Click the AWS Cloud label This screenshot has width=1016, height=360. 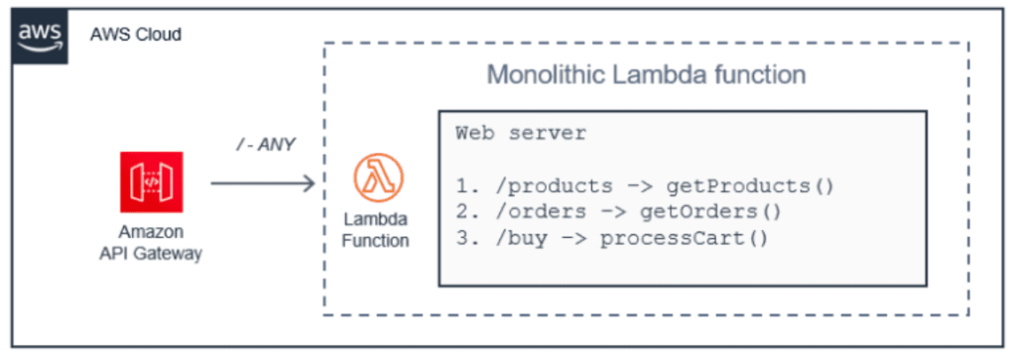click(136, 35)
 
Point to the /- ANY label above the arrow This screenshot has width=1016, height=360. click(263, 146)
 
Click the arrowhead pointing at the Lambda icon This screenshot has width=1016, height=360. click(309, 182)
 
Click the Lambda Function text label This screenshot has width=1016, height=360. click(376, 229)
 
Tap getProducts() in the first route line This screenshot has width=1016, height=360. click(750, 186)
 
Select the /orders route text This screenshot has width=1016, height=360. click(526, 212)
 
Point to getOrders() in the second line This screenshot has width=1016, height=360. click(724, 212)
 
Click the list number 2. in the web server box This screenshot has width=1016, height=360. click(464, 212)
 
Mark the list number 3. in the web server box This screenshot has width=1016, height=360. click(464, 238)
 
